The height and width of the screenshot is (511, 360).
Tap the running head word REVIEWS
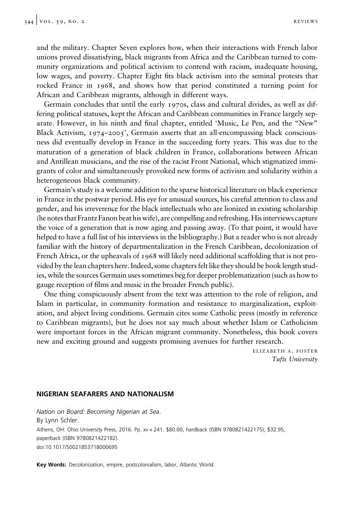point(306,22)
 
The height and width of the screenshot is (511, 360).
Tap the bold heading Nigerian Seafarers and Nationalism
point(105,394)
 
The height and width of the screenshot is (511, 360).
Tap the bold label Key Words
point(51,465)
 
